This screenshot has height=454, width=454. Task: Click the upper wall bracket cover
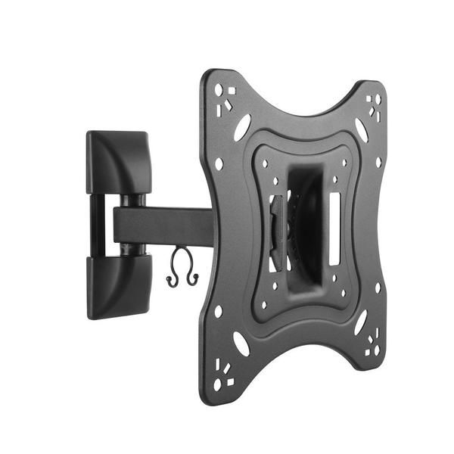point(118,160)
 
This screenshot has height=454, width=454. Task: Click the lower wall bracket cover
point(118,286)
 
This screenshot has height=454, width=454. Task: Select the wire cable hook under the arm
point(182,273)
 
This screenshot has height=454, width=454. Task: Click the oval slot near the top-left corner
point(241,128)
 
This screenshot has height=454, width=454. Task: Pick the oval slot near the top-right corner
point(362,129)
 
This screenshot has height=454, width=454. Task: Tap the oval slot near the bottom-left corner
point(241,344)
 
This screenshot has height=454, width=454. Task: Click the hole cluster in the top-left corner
point(223,97)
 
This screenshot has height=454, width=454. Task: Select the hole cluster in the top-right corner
point(374,104)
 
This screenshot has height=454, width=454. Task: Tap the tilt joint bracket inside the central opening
point(278,231)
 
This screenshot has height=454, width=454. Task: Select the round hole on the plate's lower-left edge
point(218,311)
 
